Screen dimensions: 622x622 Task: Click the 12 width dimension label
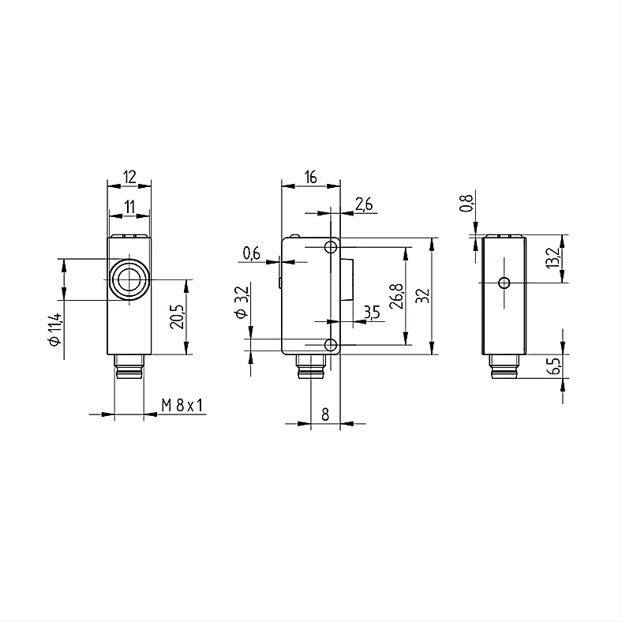129,177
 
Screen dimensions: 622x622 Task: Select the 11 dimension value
129,207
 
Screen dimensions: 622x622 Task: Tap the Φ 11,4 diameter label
54,329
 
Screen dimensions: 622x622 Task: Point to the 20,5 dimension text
177,317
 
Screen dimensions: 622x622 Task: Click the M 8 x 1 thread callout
182,406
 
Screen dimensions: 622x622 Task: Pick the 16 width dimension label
310,177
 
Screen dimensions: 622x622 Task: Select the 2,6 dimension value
364,204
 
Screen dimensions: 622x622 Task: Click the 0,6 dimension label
251,253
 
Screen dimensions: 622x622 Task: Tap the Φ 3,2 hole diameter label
242,302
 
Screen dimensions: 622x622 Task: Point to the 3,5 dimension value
372,313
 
